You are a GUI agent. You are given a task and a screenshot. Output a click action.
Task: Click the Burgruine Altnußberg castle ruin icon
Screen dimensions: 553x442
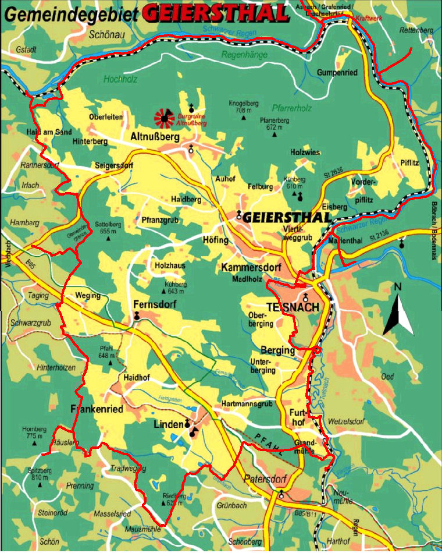click(x=165, y=119)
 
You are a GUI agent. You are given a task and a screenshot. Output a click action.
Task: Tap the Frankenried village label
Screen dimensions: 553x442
click(x=97, y=409)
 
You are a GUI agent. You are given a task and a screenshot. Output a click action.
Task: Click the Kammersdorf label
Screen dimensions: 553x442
click(x=251, y=267)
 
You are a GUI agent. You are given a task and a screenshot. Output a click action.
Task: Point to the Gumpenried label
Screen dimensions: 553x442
click(x=336, y=72)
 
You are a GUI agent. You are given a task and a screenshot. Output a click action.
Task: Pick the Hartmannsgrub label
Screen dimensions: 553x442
click(x=247, y=404)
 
